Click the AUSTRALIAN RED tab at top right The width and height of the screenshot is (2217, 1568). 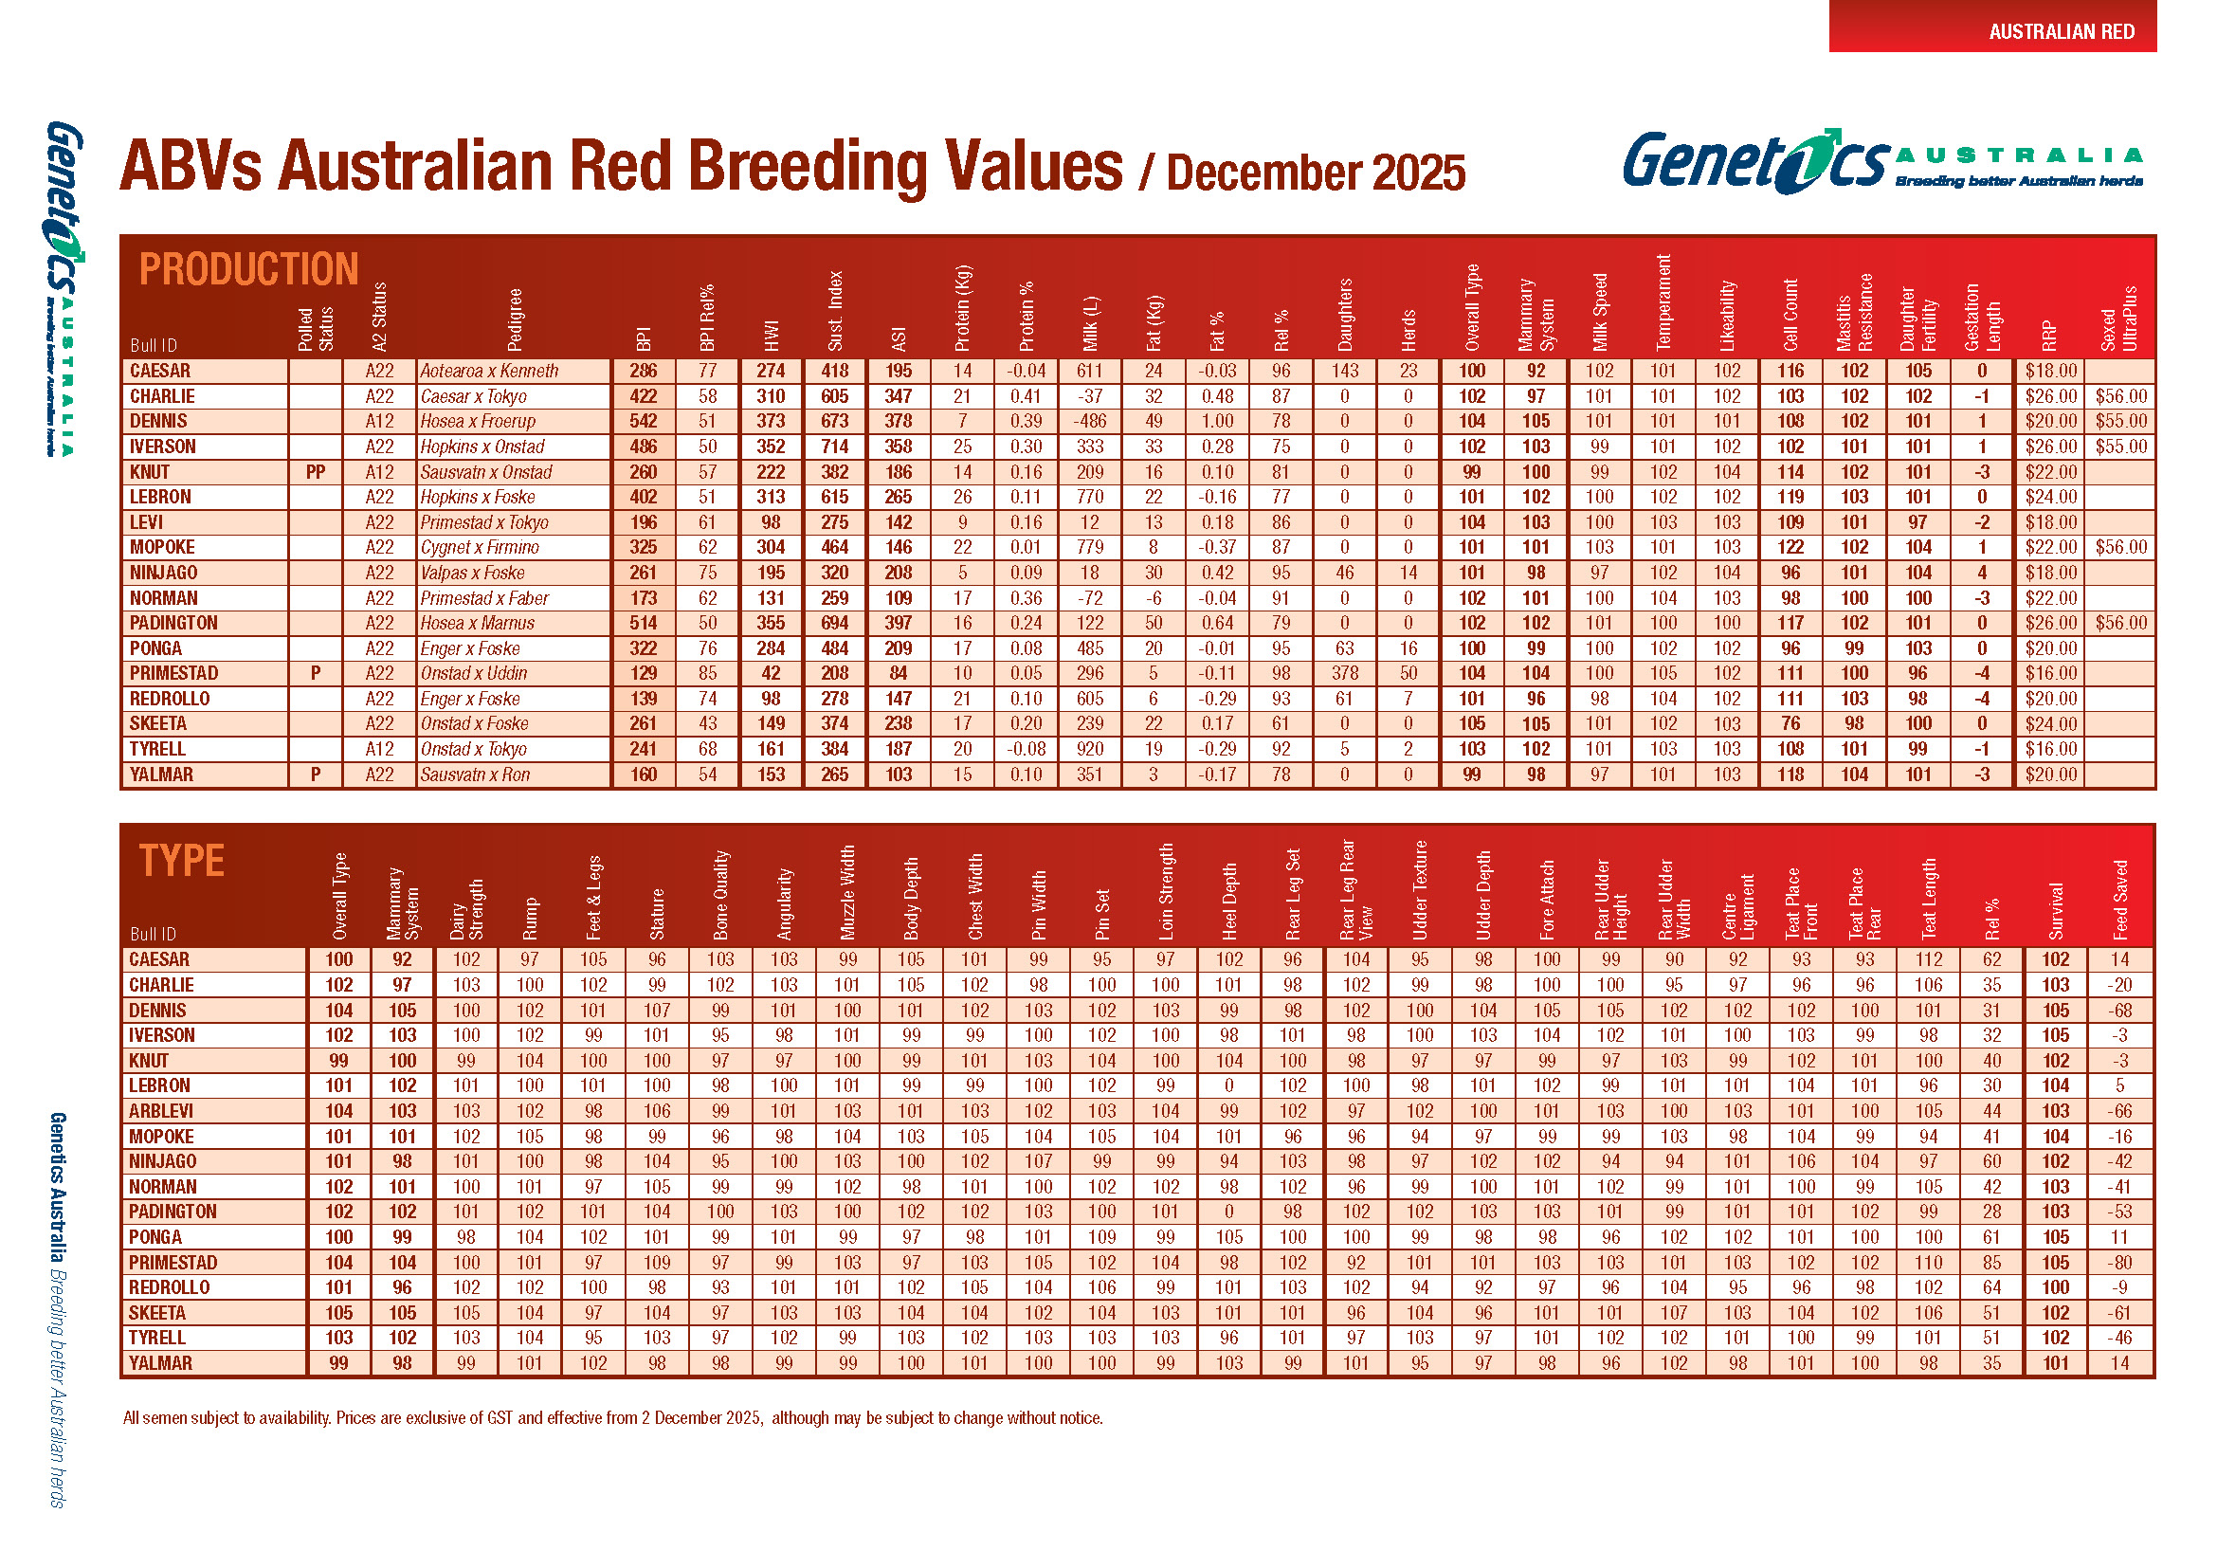[2061, 31]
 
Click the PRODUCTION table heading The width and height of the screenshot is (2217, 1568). [248, 269]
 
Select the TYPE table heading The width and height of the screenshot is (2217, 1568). [182, 859]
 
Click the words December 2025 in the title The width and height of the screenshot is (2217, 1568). [1316, 172]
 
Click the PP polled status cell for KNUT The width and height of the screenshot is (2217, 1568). [315, 472]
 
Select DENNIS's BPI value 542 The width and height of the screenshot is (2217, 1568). [643, 421]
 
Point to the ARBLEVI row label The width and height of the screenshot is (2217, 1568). [161, 1111]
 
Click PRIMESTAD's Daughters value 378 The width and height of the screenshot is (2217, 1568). [1344, 673]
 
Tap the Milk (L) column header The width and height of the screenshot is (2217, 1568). [1090, 322]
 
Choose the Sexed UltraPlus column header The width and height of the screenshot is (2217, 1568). [2119, 319]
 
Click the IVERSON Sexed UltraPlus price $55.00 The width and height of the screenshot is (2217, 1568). [2120, 447]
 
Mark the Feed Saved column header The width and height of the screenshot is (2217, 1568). [2120, 899]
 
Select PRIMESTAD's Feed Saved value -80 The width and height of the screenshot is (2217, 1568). [2119, 1262]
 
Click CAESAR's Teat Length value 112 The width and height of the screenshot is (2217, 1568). [1928, 959]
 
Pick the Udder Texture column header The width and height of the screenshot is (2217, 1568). [1420, 889]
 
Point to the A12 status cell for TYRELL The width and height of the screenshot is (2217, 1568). [379, 749]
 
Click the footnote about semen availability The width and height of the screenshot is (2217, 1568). [612, 1417]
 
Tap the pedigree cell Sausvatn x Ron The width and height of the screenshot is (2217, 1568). [475, 775]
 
